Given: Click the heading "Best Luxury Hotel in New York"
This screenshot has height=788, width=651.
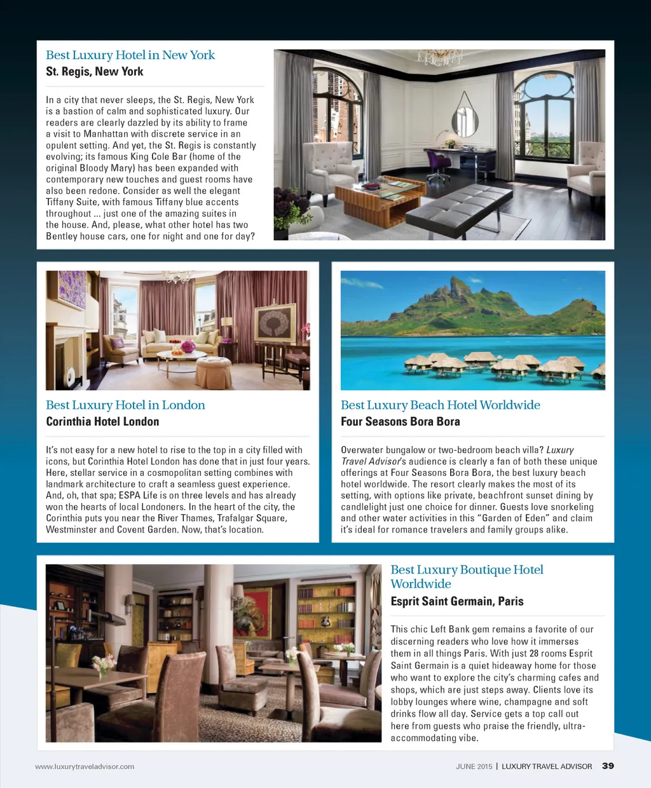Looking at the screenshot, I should (x=130, y=55).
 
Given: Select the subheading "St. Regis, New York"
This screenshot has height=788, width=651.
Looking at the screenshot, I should (x=95, y=72).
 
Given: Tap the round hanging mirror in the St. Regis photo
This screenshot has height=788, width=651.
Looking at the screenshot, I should (x=465, y=120).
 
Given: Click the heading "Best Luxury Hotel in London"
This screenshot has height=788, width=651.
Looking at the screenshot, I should (x=125, y=405).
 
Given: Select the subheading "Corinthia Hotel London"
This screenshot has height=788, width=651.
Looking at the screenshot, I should (x=102, y=422).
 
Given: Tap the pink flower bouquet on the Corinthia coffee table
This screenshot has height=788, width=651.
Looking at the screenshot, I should (x=188, y=347).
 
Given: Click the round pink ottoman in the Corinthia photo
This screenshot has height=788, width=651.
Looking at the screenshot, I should (x=214, y=371).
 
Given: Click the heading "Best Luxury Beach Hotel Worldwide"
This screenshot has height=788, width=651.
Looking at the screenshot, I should (x=440, y=405).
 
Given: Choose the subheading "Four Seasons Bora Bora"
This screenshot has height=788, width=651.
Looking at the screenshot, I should (x=400, y=422).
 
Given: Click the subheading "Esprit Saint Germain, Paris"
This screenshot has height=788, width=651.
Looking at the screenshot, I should (x=456, y=602).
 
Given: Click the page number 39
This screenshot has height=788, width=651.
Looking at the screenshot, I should (x=608, y=766).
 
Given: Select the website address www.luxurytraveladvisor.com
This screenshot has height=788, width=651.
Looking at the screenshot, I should (x=85, y=766).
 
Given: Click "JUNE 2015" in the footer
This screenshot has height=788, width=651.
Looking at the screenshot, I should (x=474, y=766).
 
